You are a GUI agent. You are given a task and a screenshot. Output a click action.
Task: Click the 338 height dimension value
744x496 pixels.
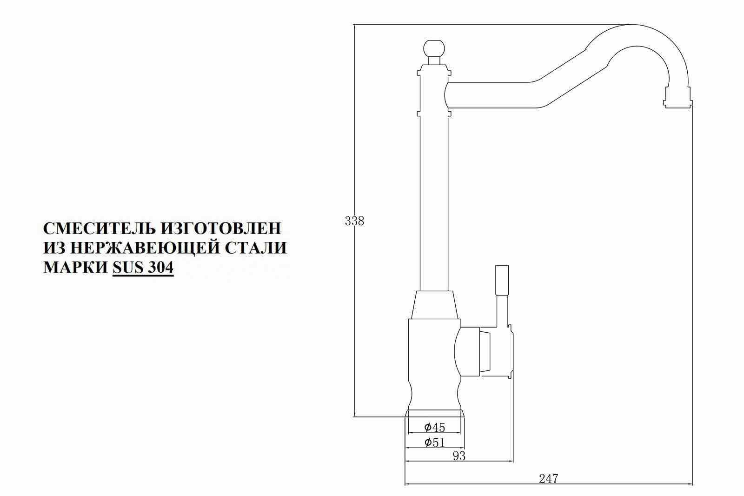click(354, 221)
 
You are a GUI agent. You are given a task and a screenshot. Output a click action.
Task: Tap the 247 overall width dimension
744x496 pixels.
click(548, 478)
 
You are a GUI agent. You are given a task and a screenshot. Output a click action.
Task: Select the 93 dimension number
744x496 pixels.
click(458, 456)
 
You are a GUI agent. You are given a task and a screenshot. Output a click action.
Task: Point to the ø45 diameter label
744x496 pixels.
click(435, 427)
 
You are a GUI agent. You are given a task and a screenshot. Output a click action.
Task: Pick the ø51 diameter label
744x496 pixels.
click(435, 442)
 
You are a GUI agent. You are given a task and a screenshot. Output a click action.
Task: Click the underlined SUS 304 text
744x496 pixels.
click(143, 268)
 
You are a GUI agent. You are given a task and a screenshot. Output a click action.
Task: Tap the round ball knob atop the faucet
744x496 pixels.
click(435, 48)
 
